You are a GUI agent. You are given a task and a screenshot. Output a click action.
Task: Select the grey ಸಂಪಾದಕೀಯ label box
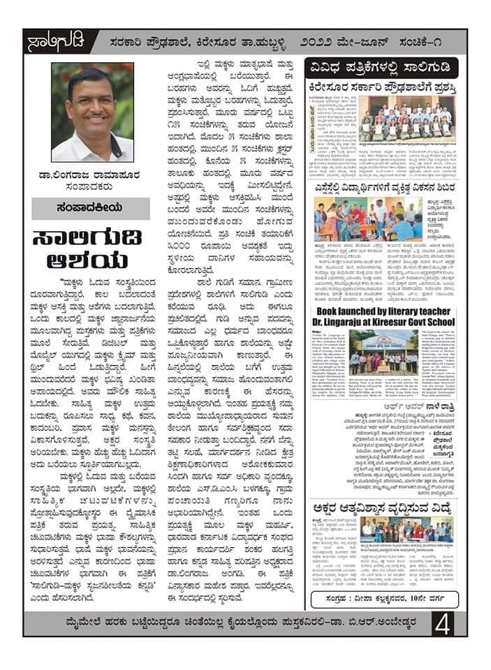[x=91, y=209]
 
